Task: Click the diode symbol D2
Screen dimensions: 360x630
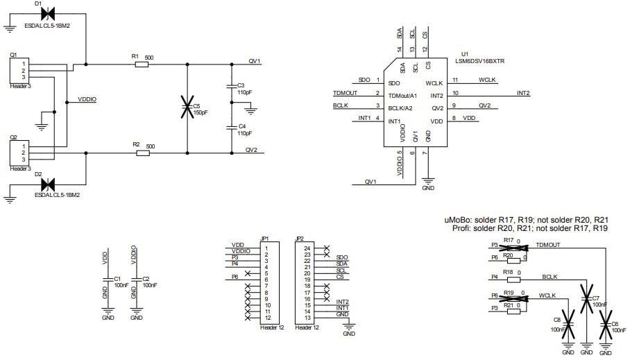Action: (48, 185)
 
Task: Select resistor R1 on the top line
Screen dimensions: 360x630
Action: (142, 65)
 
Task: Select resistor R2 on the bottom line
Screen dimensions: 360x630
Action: (142, 153)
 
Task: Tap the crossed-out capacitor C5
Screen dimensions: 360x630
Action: (186, 108)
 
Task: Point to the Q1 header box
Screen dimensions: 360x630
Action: (16, 71)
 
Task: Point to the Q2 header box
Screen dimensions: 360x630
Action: (16, 153)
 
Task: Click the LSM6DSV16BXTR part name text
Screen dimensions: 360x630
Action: (479, 61)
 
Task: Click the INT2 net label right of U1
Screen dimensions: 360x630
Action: (523, 93)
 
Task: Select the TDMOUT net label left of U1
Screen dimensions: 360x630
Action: (345, 93)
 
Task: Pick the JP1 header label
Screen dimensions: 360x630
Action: (264, 238)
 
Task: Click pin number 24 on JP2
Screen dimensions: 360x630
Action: (307, 248)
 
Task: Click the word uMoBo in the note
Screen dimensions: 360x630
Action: (459, 220)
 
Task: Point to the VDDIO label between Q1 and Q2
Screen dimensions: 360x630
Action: (87, 100)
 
